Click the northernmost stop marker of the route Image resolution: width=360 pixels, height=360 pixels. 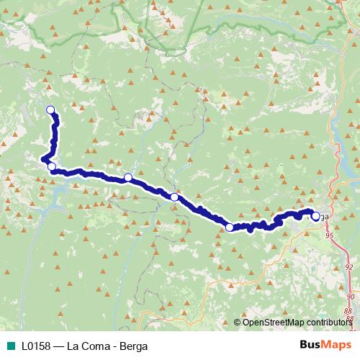click(50, 109)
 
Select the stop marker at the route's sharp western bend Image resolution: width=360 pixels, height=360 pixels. click(51, 167)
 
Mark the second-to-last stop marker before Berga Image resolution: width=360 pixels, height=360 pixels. click(230, 228)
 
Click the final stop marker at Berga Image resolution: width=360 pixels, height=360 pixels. click(315, 216)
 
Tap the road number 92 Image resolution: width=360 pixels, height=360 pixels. click(349, 267)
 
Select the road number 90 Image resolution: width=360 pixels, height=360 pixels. click(351, 296)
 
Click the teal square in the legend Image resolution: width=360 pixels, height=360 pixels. click(9, 346)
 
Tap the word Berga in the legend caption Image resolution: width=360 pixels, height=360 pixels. click(133, 346)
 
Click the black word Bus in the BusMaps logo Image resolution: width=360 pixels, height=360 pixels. click(310, 346)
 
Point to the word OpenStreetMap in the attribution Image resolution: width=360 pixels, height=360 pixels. click(273, 323)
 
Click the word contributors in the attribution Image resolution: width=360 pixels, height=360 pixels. click(328, 323)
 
